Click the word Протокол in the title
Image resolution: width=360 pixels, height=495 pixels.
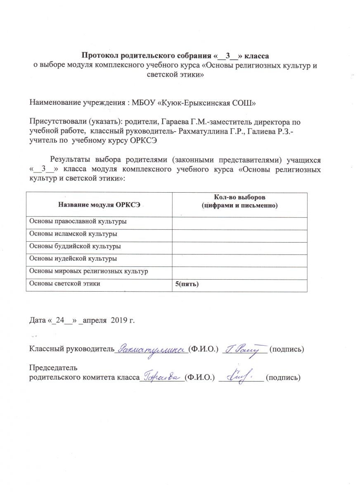pos(99,55)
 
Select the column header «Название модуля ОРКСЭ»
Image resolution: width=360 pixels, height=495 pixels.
pos(99,203)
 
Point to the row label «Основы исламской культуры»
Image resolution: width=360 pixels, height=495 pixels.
pos(72,234)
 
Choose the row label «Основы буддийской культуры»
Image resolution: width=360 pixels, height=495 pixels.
pos(74,246)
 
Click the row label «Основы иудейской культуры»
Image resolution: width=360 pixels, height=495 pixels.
pos(72,259)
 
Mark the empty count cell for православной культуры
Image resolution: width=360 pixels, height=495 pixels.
pos(239,222)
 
